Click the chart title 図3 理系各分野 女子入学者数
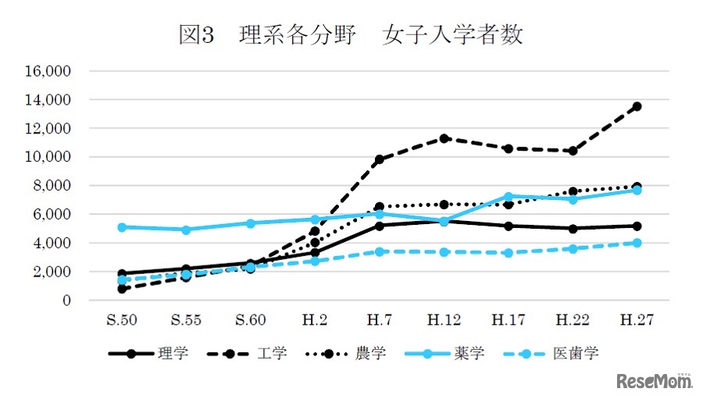(351, 35)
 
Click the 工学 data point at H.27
(637, 106)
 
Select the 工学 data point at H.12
(444, 138)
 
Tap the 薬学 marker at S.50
(122, 227)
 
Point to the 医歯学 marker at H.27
(637, 243)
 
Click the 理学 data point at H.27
(637, 226)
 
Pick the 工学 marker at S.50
(122, 289)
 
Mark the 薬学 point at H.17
(509, 197)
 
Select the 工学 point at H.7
(380, 159)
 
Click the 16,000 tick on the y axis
(48, 71)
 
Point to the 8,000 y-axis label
(52, 186)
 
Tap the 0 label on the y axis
(67, 301)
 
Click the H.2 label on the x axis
(315, 320)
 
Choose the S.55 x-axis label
(186, 320)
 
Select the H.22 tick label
(573, 320)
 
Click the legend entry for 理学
(148, 354)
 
